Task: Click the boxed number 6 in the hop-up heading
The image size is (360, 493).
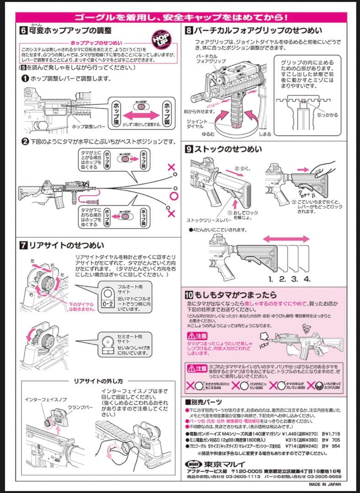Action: click(23, 31)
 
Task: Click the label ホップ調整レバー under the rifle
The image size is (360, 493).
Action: click(90, 126)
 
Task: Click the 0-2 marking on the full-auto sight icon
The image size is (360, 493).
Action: click(108, 303)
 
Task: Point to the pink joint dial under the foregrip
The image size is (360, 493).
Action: click(238, 123)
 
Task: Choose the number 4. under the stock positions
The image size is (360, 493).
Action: click(307, 278)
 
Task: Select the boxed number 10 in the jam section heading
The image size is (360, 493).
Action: click(190, 294)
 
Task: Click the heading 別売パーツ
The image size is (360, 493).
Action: click(206, 402)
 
